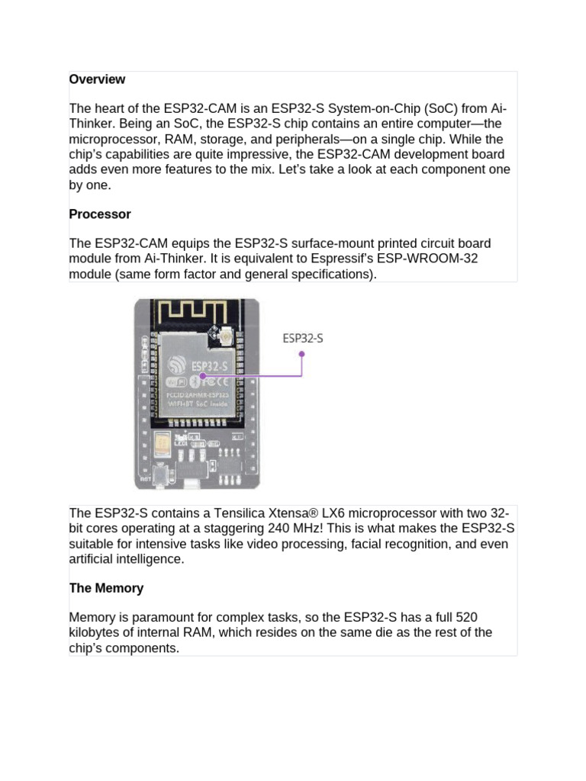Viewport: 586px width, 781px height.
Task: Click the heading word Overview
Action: coord(97,79)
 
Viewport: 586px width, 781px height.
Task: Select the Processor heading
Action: coord(100,214)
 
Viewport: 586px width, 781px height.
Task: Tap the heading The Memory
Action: coord(106,588)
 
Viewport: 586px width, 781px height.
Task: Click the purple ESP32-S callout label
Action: coord(303,338)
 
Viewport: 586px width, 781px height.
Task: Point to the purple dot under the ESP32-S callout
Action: coord(302,354)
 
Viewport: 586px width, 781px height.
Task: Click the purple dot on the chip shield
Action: coord(203,375)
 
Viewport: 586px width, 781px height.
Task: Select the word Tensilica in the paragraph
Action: coord(231,513)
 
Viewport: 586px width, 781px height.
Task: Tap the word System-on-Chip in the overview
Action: coord(340,108)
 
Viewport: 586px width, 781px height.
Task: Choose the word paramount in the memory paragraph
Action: coord(159,617)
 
